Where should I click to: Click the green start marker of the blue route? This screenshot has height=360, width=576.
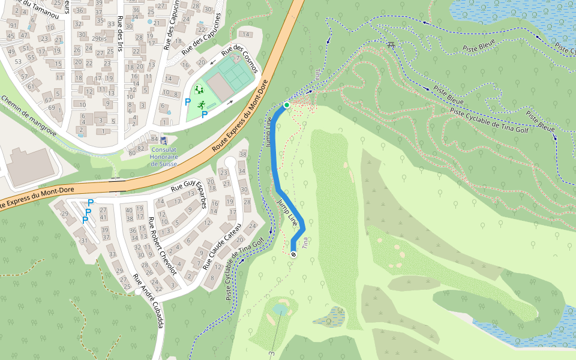[287, 106]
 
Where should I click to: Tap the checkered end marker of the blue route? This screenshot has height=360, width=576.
[293, 255]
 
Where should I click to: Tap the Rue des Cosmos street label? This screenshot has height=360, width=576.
[239, 62]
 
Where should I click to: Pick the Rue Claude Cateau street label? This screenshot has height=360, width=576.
[221, 247]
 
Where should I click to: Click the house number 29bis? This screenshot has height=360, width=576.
[98, 38]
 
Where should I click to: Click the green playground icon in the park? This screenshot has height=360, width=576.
[199, 90]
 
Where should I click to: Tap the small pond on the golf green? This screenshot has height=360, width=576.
[280, 309]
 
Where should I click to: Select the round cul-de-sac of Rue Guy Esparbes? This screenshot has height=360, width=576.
[230, 163]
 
